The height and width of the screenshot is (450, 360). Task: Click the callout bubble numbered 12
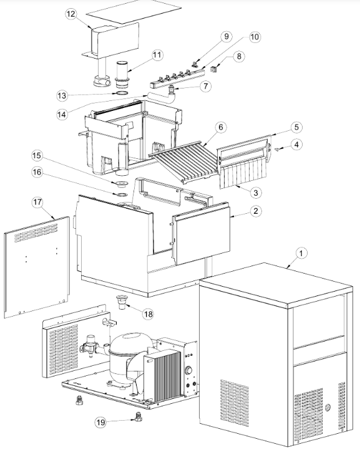pos(71,14)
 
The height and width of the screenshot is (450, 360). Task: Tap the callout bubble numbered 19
pos(100,423)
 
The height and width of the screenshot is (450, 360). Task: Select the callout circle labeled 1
pos(301,253)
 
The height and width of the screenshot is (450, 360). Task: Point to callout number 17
pos(37,203)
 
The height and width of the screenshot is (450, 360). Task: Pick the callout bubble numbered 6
pos(221,127)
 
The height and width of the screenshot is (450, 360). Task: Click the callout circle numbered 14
pos(62,115)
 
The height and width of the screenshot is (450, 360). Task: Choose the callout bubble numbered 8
pos(240,56)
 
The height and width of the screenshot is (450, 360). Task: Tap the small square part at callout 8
pos(214,69)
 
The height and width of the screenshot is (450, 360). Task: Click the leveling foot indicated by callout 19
pos(138,416)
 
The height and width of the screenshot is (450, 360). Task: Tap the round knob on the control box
pos(189,370)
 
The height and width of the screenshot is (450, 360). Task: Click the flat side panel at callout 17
pos(37,267)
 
